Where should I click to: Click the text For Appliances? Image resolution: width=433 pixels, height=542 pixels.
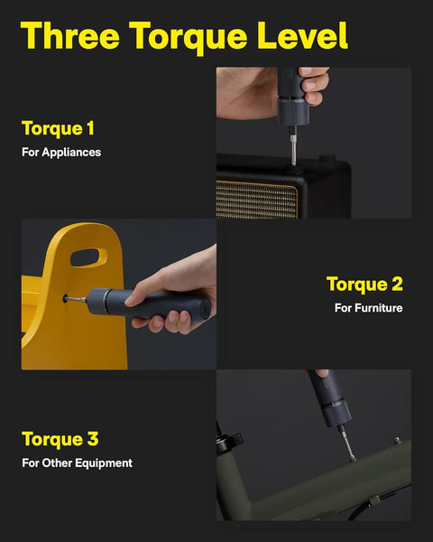[61, 152]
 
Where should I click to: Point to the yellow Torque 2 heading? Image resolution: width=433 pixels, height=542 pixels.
[364, 284]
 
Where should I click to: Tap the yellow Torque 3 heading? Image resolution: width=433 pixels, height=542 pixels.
[60, 439]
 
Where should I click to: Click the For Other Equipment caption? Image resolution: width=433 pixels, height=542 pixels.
[77, 463]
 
